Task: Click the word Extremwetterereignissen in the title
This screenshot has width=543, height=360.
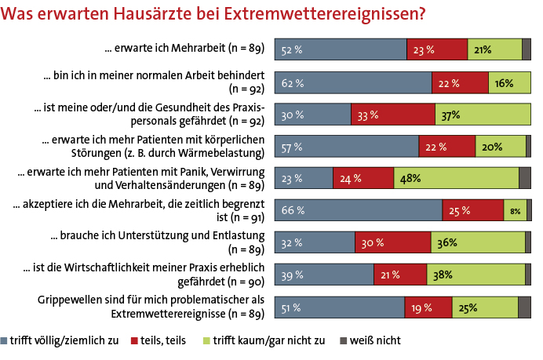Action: (x=330, y=14)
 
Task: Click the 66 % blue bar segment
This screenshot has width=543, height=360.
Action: (x=358, y=209)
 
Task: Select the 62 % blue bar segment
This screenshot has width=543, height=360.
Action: (x=353, y=82)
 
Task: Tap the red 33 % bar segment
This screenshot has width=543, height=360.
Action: (x=392, y=115)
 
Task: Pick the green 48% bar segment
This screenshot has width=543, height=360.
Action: (x=456, y=178)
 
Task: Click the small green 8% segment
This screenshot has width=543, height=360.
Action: (x=515, y=209)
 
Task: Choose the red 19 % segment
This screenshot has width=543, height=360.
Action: (x=428, y=307)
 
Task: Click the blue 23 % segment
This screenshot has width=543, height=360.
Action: (x=303, y=178)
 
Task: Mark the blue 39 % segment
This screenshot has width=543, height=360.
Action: (x=323, y=275)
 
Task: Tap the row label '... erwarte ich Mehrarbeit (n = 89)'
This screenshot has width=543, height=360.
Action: (x=184, y=49)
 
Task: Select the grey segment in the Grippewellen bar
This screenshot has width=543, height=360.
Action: (x=524, y=307)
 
